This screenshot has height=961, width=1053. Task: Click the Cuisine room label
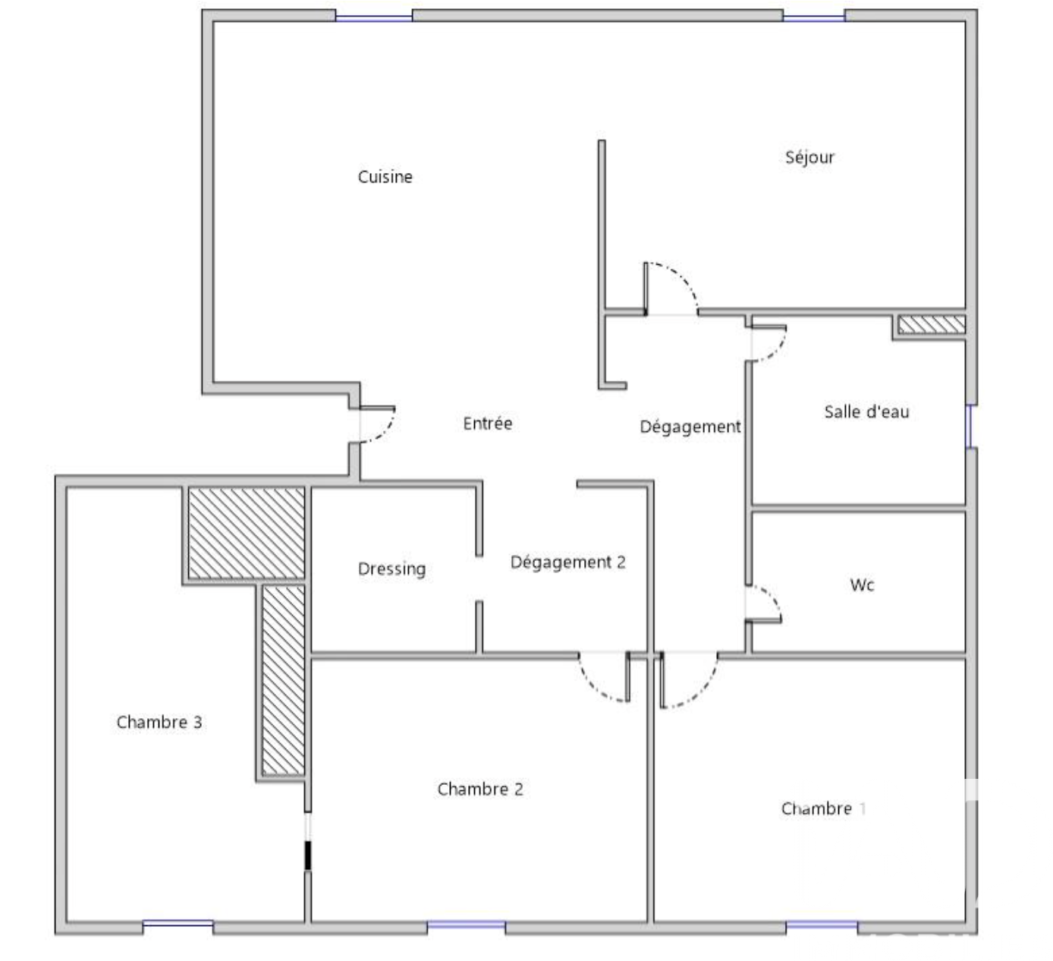tap(385, 177)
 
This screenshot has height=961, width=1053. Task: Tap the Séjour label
tap(809, 156)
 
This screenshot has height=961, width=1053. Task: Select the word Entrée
tap(487, 423)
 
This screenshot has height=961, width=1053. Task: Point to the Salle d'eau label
tap(866, 411)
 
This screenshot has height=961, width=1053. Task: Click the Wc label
tap(862, 584)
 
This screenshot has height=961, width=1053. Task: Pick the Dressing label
tap(391, 569)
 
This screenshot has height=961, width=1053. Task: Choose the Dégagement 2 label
tap(568, 562)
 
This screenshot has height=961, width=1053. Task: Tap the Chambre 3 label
tap(159, 722)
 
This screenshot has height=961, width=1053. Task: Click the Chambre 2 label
tap(479, 789)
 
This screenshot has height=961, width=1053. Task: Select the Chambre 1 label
tap(823, 808)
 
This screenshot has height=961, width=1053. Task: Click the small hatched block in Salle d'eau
tap(931, 324)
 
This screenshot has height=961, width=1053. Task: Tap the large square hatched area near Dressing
tap(247, 534)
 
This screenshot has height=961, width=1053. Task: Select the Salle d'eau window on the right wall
tap(969, 426)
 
